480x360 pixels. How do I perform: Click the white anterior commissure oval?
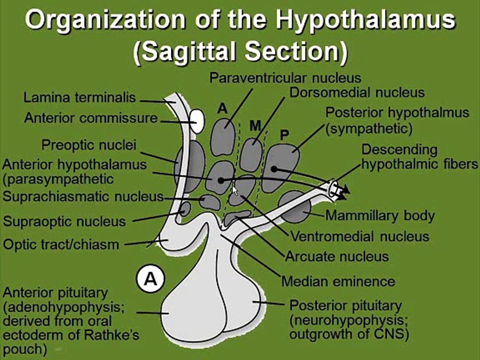point(197,121)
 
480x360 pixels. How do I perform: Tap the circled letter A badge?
point(150,279)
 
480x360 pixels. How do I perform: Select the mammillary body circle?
point(294,207)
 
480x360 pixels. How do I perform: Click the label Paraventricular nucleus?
point(285,78)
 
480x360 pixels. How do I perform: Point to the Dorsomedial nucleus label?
point(357,92)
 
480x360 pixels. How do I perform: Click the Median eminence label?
point(338,281)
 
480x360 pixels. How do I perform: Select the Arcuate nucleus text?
point(336,256)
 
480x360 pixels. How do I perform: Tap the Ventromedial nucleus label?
point(359,236)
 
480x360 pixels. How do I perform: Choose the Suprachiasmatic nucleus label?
point(83,196)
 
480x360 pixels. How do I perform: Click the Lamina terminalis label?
point(79,97)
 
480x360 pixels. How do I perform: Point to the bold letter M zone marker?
point(255,125)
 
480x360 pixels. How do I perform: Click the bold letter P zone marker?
point(284,134)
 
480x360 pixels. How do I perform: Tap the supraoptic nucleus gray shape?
point(185,209)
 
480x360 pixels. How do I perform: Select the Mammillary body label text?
point(380,215)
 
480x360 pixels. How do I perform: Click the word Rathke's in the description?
point(111,335)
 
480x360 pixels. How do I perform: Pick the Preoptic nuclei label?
point(89,145)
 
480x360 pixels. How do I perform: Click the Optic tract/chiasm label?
point(61,244)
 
